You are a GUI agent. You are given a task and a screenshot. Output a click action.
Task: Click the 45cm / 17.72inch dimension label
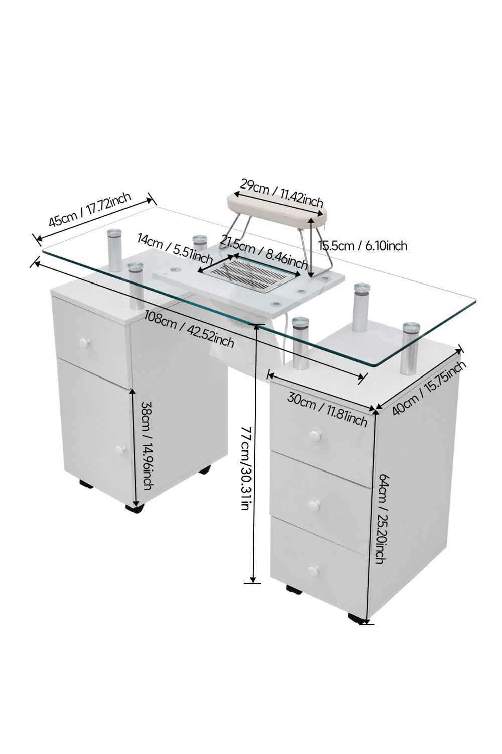pyautogui.click(x=90, y=211)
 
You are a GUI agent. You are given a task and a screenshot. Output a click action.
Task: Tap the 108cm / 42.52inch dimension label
pyautogui.click(x=189, y=329)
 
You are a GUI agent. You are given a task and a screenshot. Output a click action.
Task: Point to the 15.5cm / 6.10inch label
pyautogui.click(x=362, y=245)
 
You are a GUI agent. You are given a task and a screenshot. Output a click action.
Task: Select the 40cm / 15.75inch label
pyautogui.click(x=429, y=386)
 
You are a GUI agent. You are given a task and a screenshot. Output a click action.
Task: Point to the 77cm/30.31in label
pyautogui.click(x=245, y=467)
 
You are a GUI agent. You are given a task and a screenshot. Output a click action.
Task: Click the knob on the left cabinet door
pyautogui.click(x=119, y=450)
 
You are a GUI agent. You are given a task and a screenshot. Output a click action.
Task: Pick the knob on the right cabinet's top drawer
pyautogui.click(x=315, y=435)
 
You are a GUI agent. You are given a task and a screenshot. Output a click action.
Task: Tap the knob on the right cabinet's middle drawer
pyautogui.click(x=315, y=505)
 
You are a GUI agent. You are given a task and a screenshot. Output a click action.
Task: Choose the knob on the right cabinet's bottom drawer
pyautogui.click(x=314, y=571)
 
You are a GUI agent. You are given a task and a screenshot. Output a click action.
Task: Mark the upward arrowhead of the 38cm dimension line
pyautogui.click(x=134, y=391)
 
